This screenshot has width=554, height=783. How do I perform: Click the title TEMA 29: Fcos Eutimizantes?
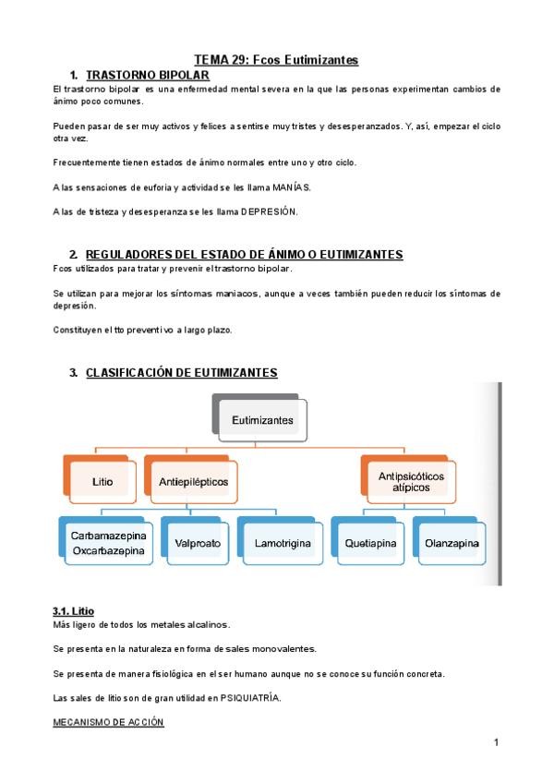point(276,60)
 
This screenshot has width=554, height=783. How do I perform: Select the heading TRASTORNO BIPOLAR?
point(148,74)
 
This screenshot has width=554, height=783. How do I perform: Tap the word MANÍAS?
point(293,187)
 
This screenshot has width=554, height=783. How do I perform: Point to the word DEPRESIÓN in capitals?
point(270,211)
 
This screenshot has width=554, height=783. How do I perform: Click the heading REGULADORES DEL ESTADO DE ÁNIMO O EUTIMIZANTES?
point(244,254)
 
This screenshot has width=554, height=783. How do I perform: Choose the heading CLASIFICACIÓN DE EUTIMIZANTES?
point(181,372)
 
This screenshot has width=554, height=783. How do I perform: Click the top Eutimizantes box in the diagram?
point(262,420)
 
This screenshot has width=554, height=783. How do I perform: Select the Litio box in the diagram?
point(103,482)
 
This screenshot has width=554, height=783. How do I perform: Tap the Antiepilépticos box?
point(193,482)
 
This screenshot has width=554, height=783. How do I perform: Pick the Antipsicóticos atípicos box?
point(411,482)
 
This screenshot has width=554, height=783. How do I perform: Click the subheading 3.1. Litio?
point(73,611)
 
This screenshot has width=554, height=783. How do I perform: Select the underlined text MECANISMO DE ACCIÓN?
point(109,722)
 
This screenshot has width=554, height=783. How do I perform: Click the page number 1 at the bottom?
point(496,742)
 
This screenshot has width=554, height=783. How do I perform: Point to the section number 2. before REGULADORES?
point(74,254)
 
